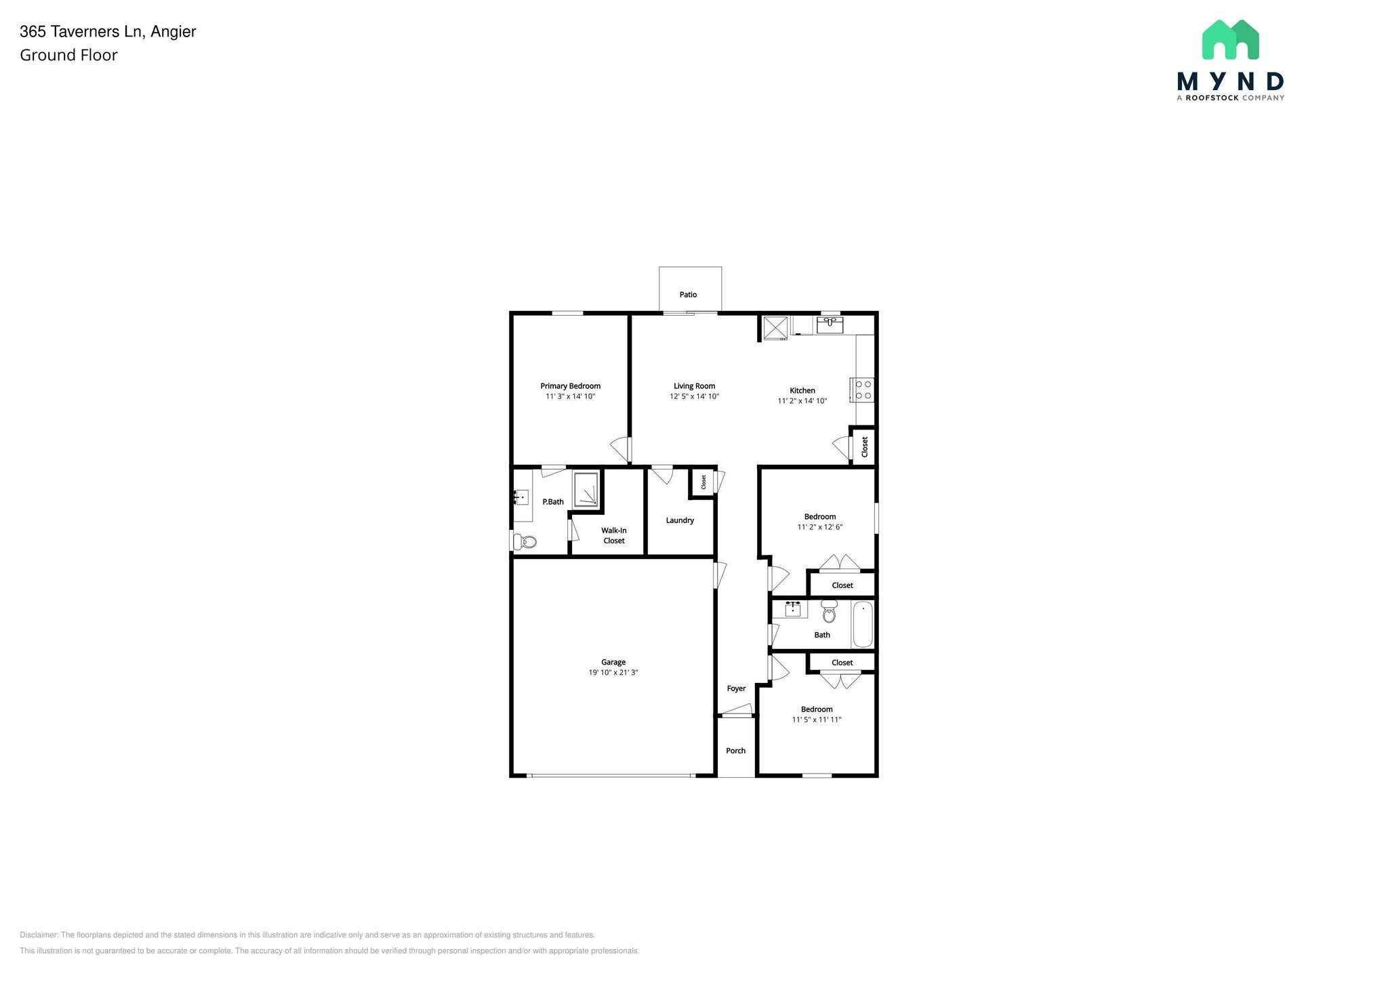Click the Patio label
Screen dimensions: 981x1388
click(688, 295)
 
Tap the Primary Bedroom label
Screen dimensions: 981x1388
click(570, 386)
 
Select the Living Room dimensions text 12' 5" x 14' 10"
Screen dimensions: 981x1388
click(694, 396)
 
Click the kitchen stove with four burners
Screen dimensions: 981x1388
click(863, 390)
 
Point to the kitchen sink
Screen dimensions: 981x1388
click(830, 325)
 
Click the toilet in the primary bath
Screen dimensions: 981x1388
click(526, 541)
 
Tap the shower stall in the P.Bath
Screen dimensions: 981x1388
click(586, 490)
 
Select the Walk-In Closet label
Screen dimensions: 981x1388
click(614, 535)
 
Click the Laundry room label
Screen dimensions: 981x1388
click(680, 520)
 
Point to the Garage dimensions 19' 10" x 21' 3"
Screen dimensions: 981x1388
click(613, 673)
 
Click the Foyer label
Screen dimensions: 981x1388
click(736, 688)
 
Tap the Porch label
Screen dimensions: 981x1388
click(735, 751)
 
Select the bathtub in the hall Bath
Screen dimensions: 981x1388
click(863, 624)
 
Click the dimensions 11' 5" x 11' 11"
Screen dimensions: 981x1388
click(817, 719)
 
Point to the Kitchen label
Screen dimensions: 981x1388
click(802, 390)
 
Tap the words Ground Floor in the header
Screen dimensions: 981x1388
click(68, 56)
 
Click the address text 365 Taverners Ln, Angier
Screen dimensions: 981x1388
click(108, 31)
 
